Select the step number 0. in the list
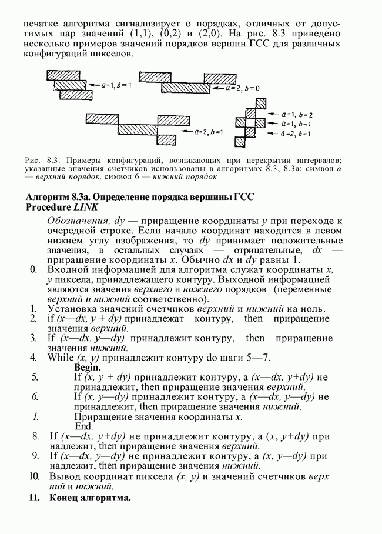click(x=33, y=269)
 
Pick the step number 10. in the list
click(x=33, y=475)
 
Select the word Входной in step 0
click(x=68, y=269)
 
